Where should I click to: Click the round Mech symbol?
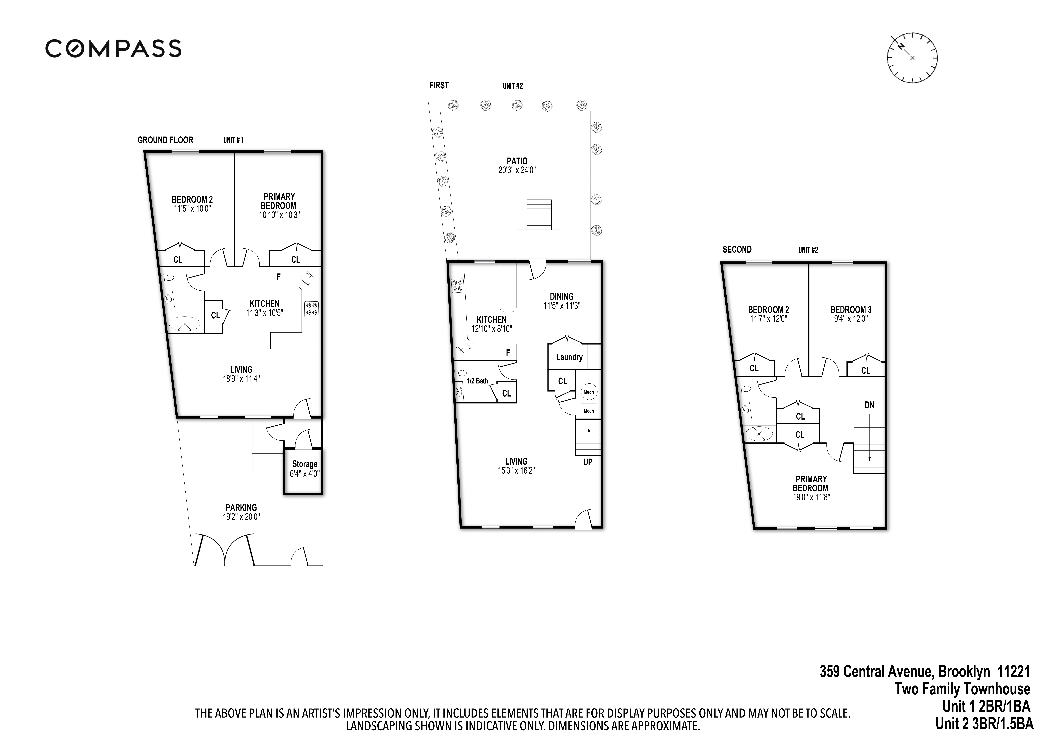[589, 391]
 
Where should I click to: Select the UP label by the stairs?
[588, 462]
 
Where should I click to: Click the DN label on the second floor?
[869, 405]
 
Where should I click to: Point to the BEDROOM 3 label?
[851, 309]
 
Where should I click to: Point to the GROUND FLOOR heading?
[165, 140]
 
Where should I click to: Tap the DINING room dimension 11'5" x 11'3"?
[561, 306]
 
